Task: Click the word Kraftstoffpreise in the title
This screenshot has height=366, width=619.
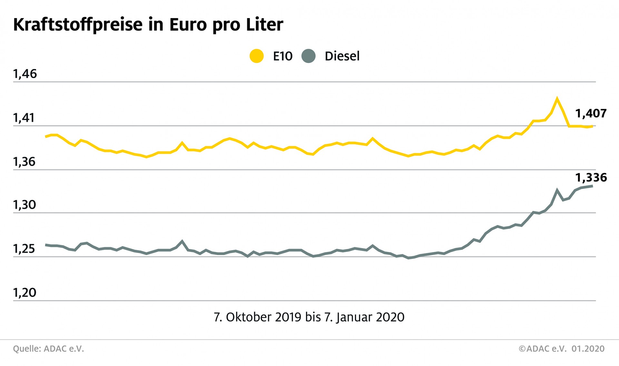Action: coord(78,25)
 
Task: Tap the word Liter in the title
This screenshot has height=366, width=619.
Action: coord(264,25)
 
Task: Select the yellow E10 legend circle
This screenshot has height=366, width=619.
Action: coord(257,56)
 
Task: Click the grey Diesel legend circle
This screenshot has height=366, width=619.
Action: coord(309,56)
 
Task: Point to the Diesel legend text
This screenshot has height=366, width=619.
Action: coord(342,56)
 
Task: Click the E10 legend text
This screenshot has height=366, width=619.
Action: coord(282,56)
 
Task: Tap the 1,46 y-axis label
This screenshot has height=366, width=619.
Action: coord(25,74)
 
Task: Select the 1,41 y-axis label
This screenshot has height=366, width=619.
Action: coord(24,118)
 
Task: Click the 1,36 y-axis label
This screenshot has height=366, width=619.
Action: coord(24,162)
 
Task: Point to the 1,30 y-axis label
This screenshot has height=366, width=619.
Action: coord(24,205)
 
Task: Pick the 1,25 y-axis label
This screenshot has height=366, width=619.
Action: coord(24,249)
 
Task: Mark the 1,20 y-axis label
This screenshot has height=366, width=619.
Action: coord(25,293)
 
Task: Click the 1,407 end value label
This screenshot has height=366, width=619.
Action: coord(591,114)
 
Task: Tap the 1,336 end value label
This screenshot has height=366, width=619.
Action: coord(591,178)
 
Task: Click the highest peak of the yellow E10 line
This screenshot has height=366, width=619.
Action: coord(557,98)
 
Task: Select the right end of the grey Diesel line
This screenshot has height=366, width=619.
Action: coord(592,186)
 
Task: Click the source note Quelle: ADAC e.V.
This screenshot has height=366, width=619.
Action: coord(48,349)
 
